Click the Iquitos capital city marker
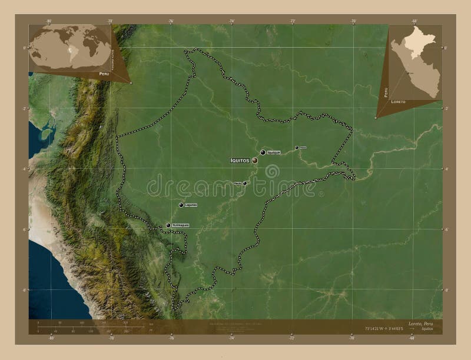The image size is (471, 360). click(255, 159)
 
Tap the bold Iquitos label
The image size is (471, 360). click(240, 159)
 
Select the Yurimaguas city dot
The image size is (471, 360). click(168, 225)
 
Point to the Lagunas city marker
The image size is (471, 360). click(181, 205)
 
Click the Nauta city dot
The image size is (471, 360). click(245, 183)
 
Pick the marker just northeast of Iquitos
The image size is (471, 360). click(263, 152)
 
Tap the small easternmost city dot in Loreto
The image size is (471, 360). click(297, 148)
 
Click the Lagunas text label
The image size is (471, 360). click(190, 205)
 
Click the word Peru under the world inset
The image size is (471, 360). click(104, 74)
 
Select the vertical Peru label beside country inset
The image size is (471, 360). click(386, 91)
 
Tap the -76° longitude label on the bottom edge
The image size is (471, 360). click(171, 338)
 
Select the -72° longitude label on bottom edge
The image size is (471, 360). click(293, 338)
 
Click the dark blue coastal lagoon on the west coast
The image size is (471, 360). click(45, 135)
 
